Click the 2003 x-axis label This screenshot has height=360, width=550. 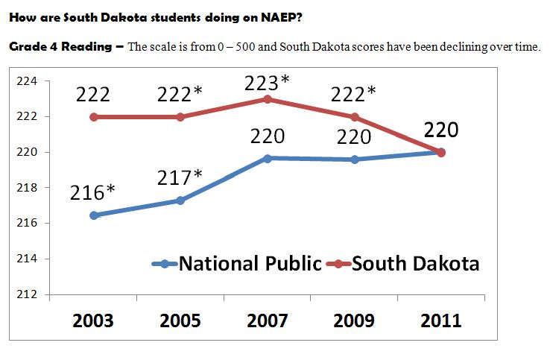coord(93,321)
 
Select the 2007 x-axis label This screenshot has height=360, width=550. coord(267,321)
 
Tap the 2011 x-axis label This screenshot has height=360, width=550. coord(440,321)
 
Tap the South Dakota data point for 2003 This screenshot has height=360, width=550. coord(93,117)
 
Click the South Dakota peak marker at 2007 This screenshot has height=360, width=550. coord(267,99)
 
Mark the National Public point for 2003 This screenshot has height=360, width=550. coord(93,215)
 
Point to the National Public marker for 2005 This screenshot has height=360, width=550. coord(180,200)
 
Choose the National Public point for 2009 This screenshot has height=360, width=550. coord(354,160)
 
